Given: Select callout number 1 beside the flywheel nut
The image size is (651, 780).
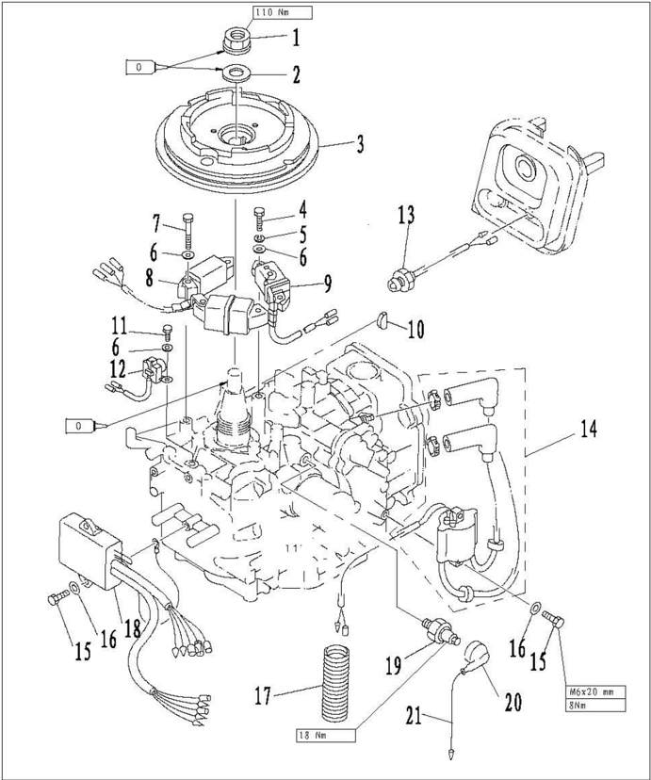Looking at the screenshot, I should click(x=295, y=40).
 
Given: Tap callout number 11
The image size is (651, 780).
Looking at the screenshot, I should click(x=118, y=327).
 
